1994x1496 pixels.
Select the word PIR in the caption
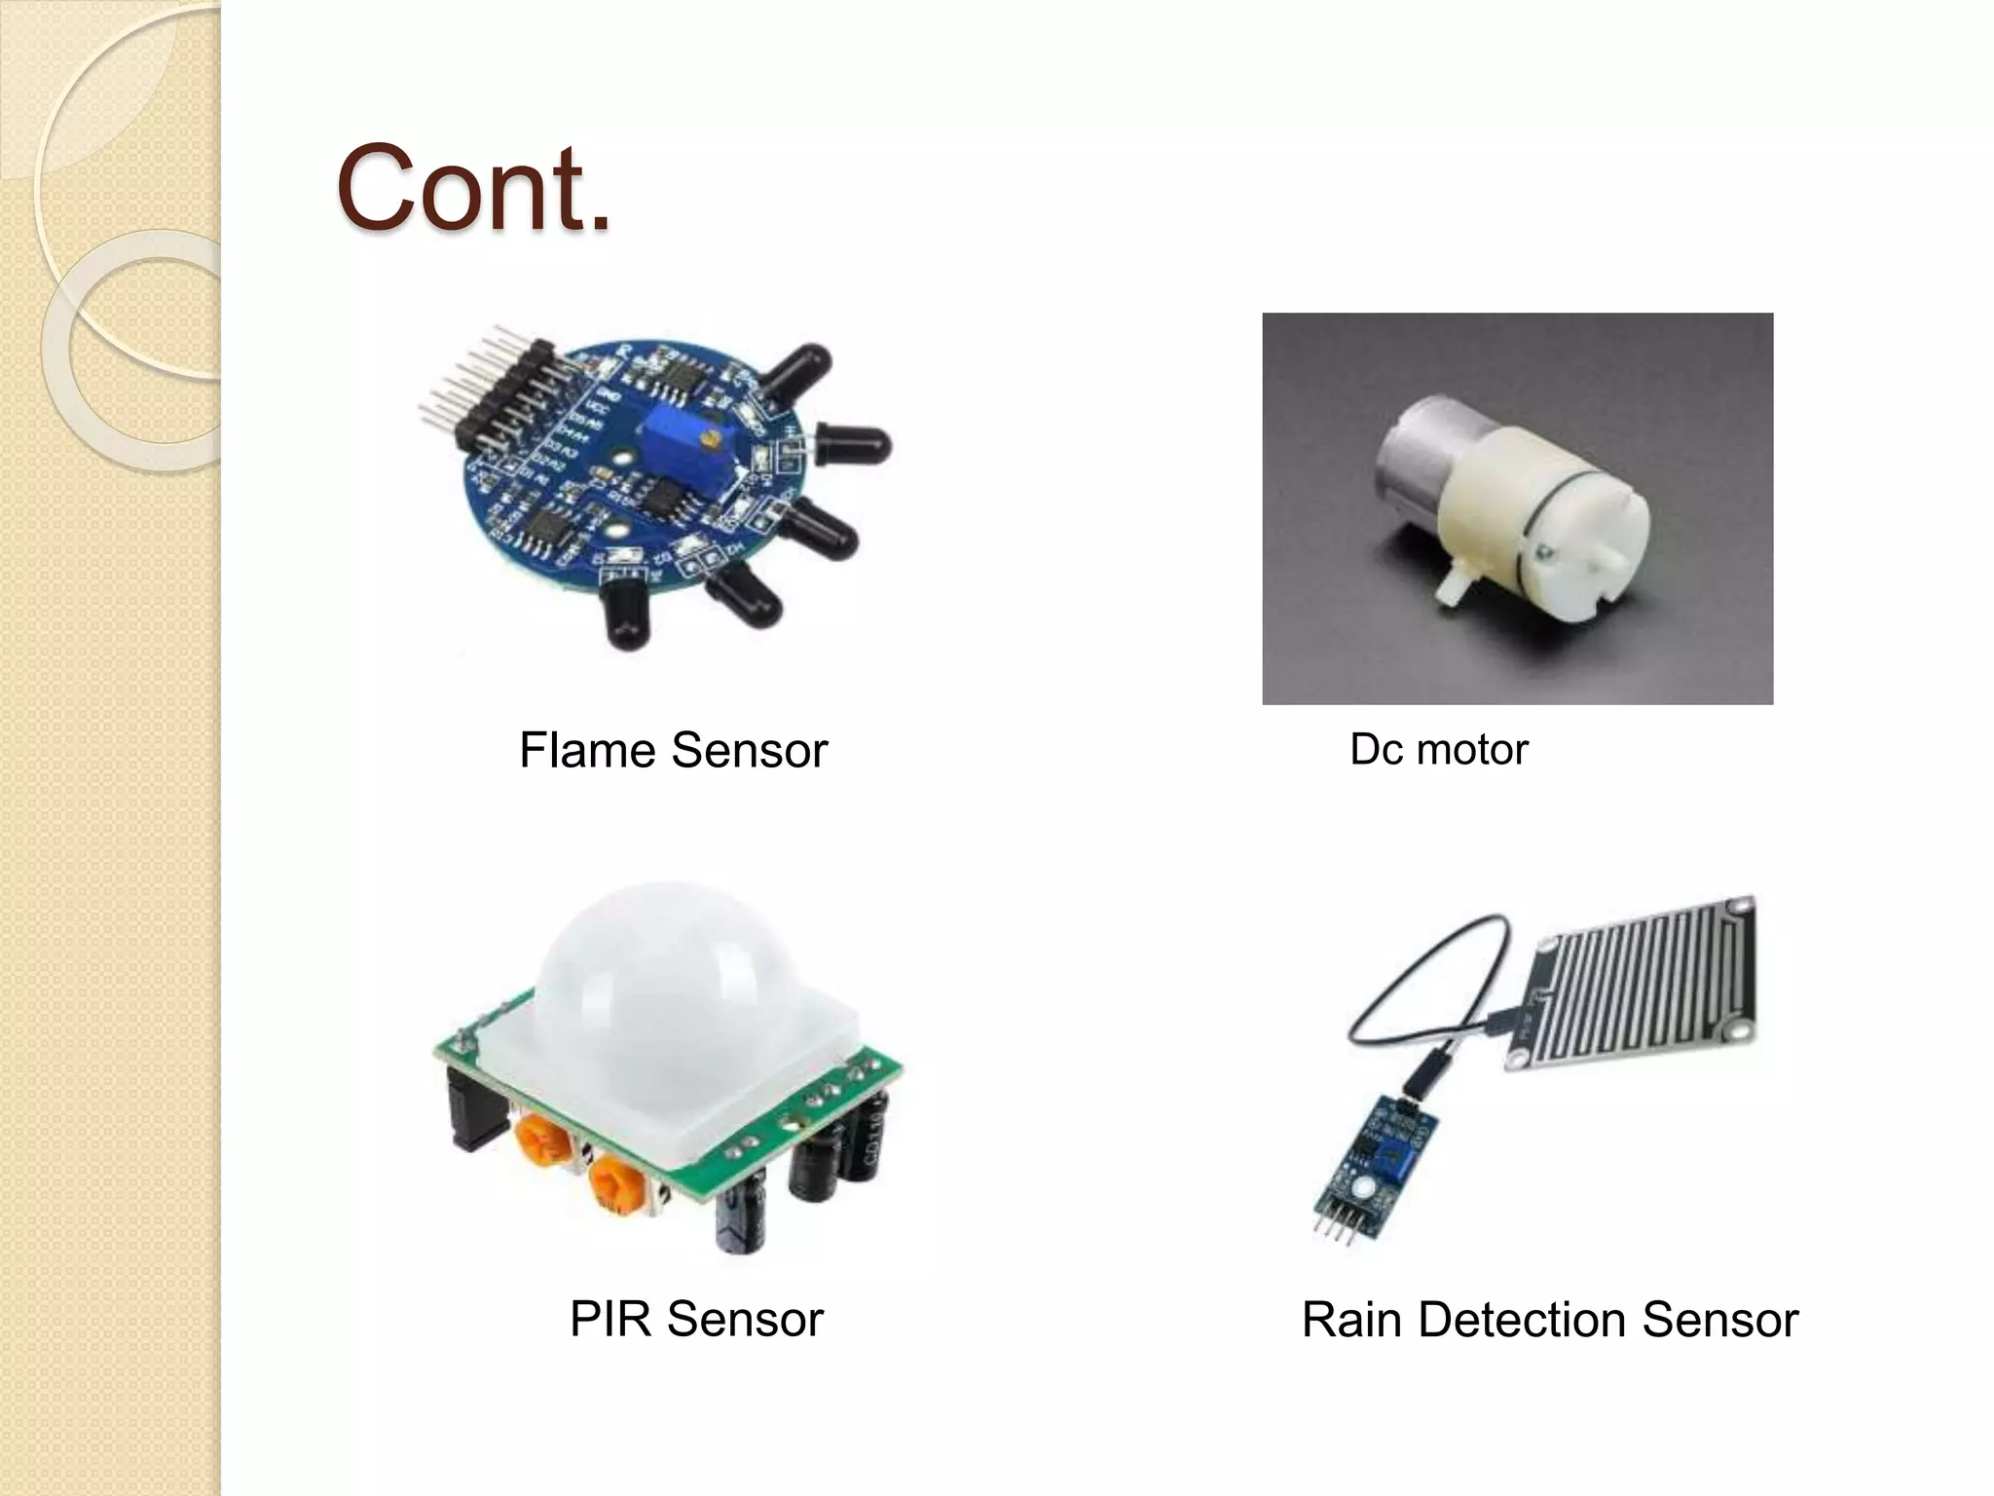pos(609,1320)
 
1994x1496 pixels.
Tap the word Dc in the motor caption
pos(1373,750)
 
